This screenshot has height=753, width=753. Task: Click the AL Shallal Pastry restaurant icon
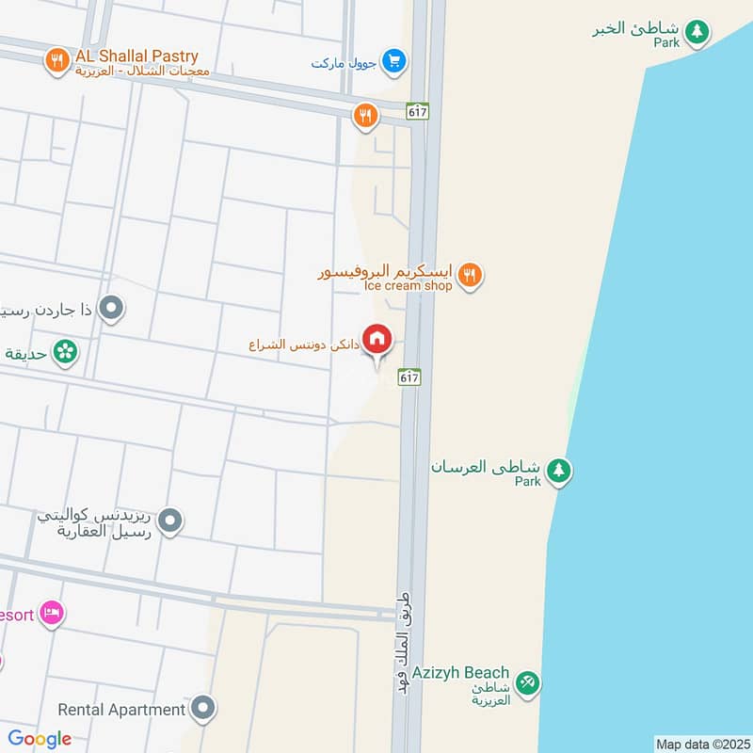[57, 61]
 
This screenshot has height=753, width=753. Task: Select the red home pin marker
[377, 339]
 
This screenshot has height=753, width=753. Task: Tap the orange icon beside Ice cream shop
[470, 275]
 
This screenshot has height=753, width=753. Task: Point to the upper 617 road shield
[418, 111]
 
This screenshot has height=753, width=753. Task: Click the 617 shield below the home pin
[409, 376]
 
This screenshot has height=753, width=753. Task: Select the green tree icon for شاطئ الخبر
[697, 31]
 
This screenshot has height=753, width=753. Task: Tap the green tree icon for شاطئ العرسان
[559, 470]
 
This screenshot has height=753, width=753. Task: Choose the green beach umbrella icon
[527, 683]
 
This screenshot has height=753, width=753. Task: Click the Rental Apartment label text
[121, 710]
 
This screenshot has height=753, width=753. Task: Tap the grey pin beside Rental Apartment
[202, 708]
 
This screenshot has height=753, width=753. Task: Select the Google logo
[40, 739]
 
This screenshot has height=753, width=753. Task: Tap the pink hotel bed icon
[52, 614]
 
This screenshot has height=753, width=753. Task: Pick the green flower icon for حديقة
[65, 352]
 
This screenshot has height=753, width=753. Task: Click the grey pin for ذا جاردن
[112, 308]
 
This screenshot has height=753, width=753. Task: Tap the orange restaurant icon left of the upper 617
[365, 116]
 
